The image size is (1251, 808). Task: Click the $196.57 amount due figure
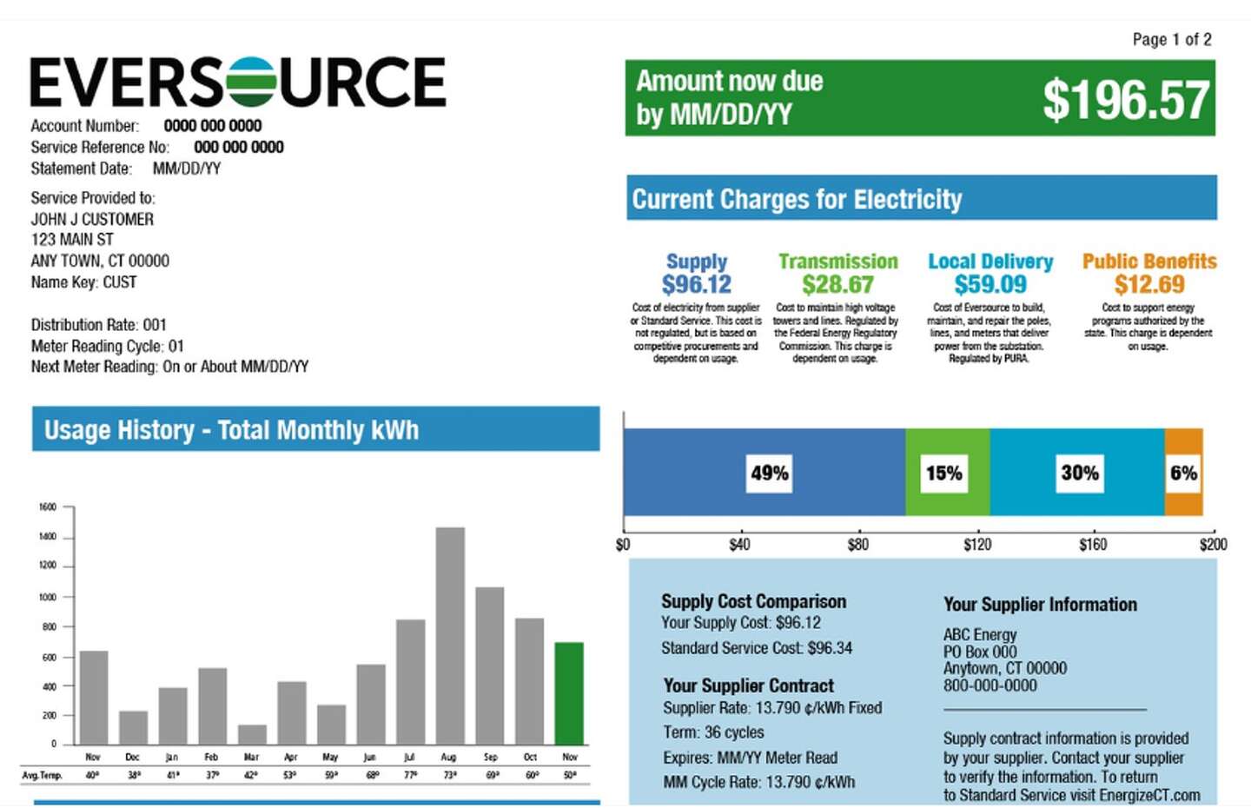coord(1125,100)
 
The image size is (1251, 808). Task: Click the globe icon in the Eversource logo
coord(251,82)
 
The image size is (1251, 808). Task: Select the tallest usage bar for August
coord(450,635)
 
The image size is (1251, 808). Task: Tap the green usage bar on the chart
coord(569,693)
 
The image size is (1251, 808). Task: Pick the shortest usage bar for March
coord(252,735)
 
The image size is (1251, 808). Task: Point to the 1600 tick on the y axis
coord(48,507)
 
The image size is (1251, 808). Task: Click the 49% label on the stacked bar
coord(770,474)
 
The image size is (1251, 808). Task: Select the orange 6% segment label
coord(1183,474)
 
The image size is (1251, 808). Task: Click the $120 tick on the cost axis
coord(977,545)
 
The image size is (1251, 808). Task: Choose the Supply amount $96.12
coord(697,284)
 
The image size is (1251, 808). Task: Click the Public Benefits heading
coord(1148,262)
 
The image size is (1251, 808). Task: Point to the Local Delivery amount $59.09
coord(990,284)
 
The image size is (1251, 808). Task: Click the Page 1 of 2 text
coord(1171,39)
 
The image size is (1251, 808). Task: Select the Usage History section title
coord(231,430)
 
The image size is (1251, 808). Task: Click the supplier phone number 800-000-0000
coord(990,685)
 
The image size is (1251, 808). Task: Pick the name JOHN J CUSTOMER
coord(92,219)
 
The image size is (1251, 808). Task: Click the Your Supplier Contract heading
coord(748,685)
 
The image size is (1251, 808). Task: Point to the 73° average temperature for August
coord(450,775)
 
